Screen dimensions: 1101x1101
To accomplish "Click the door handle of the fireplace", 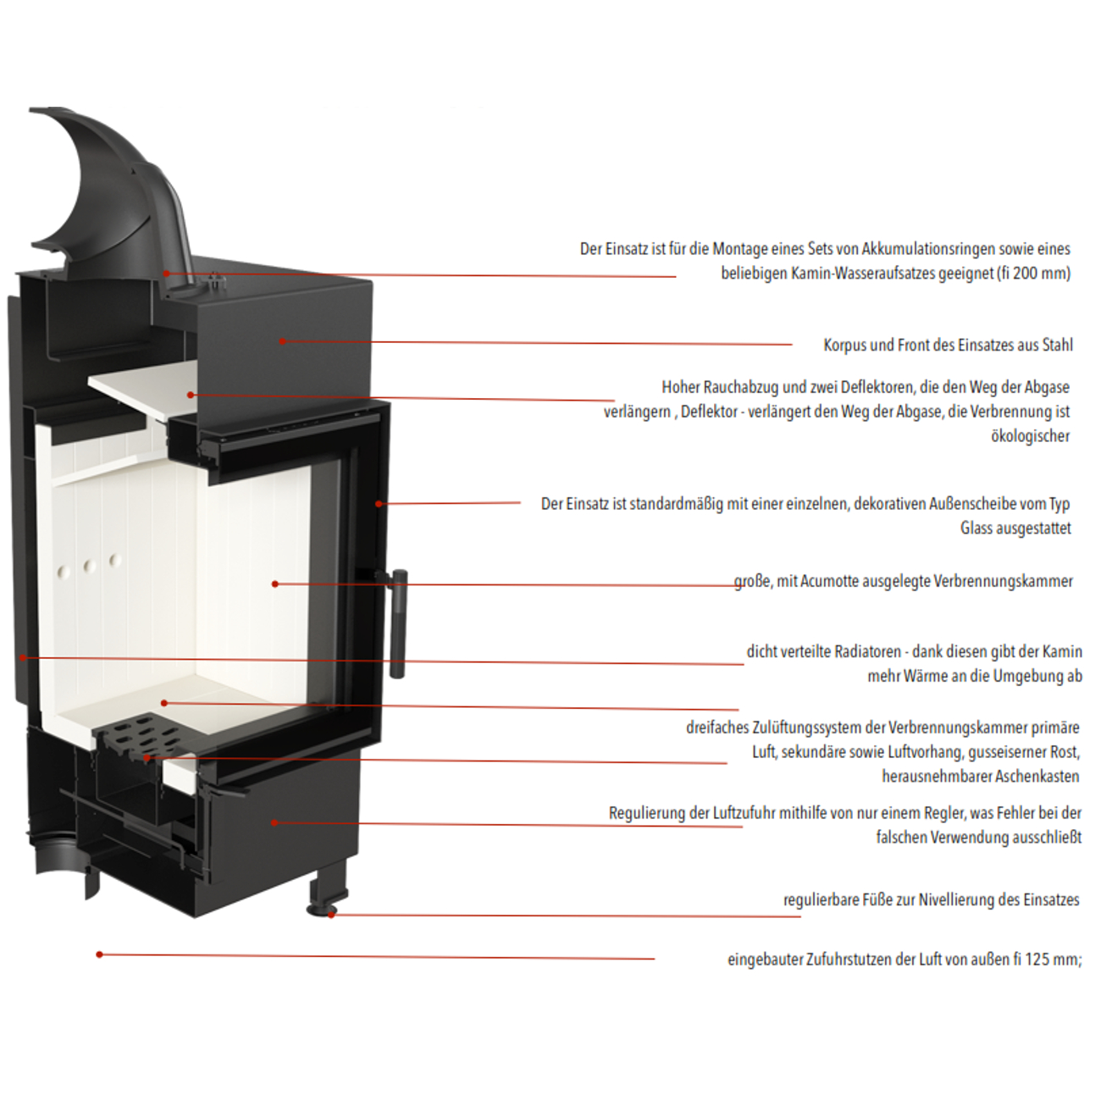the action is pyautogui.click(x=398, y=622).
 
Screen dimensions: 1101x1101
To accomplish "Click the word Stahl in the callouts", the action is pyautogui.click(x=1058, y=345).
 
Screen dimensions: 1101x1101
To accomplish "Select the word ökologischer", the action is pyautogui.click(x=1030, y=436).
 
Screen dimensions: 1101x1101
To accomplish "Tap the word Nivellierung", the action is pyautogui.click(x=956, y=900).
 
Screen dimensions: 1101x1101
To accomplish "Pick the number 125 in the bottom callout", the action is pyautogui.click(x=1036, y=959).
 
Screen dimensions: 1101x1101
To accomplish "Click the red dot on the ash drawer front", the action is pyautogui.click(x=274, y=822).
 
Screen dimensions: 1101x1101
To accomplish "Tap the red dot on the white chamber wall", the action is pyautogui.click(x=274, y=584).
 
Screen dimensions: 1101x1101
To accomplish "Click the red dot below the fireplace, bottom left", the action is pyautogui.click(x=99, y=954).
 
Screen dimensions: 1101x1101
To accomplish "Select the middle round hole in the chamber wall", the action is pyautogui.click(x=89, y=567).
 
